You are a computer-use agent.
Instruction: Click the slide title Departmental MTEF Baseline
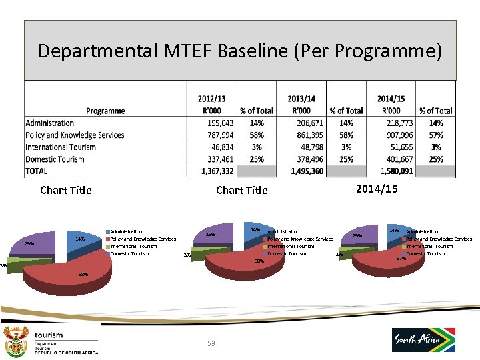point(239,51)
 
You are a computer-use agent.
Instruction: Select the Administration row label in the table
point(50,123)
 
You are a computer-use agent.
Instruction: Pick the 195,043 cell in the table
point(220,123)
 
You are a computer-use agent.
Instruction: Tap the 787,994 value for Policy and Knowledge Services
point(220,135)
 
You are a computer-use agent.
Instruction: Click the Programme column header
point(105,111)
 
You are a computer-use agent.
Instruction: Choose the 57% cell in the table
point(435,135)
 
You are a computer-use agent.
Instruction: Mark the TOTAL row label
point(37,171)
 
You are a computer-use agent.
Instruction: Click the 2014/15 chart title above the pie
point(377,189)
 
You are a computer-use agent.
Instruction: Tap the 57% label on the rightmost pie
point(401,259)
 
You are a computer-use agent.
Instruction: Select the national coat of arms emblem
point(15,341)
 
